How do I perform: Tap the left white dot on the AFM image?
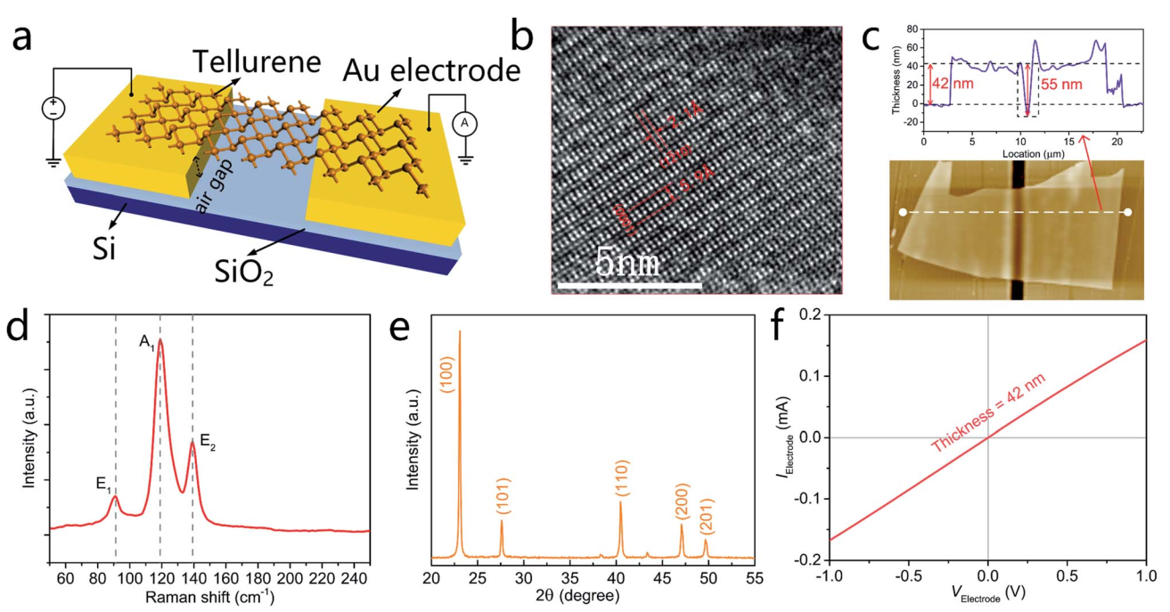coord(904,212)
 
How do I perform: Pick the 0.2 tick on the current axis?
coord(812,314)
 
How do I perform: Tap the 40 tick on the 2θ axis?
coord(616,575)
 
